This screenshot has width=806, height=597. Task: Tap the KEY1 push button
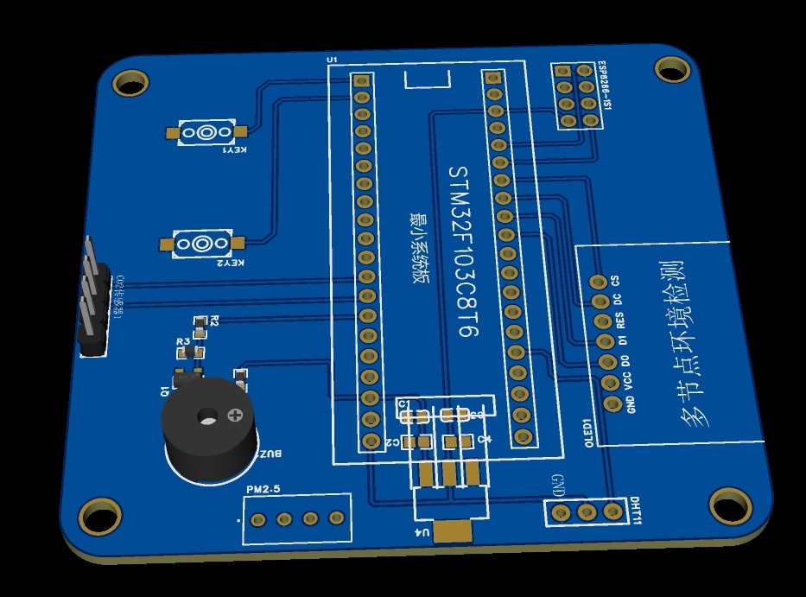coord(206,132)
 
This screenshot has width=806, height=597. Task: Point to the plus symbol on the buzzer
coord(234,416)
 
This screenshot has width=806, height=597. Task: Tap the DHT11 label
coord(636,511)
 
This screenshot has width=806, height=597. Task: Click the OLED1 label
coord(587,431)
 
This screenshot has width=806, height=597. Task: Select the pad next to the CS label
coord(597,283)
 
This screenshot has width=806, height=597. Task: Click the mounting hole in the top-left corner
coord(131,83)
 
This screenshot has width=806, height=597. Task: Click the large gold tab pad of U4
coord(453,530)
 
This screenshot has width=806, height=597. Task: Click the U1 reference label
coord(332,59)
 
